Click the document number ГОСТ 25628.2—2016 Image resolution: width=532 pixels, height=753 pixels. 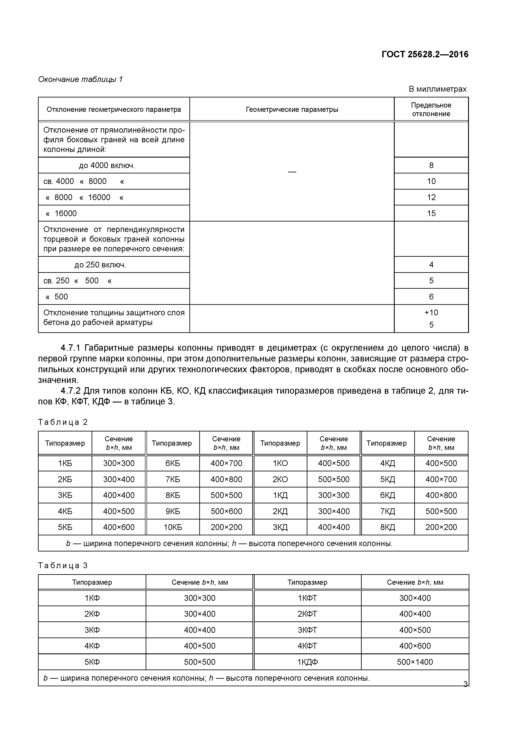(x=425, y=55)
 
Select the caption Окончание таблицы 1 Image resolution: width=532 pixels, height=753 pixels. (x=80, y=79)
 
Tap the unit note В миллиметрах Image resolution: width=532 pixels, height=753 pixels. (x=437, y=89)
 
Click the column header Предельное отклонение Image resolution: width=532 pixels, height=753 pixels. (x=431, y=109)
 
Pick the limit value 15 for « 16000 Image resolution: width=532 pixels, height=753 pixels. (x=431, y=214)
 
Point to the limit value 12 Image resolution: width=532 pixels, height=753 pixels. (x=431, y=197)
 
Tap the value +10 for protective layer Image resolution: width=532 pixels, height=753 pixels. (x=431, y=313)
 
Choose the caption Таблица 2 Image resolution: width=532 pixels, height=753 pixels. (x=63, y=422)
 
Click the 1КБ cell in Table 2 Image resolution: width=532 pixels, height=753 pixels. (x=65, y=463)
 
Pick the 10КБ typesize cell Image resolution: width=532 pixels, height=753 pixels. (x=173, y=527)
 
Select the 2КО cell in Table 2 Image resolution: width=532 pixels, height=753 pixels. (x=280, y=480)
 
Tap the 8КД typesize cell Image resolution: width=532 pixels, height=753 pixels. (x=387, y=527)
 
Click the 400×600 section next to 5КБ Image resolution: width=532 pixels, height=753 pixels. (x=119, y=527)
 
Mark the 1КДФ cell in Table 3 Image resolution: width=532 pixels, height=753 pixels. (x=307, y=662)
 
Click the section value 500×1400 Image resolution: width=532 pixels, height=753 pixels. (x=415, y=662)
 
